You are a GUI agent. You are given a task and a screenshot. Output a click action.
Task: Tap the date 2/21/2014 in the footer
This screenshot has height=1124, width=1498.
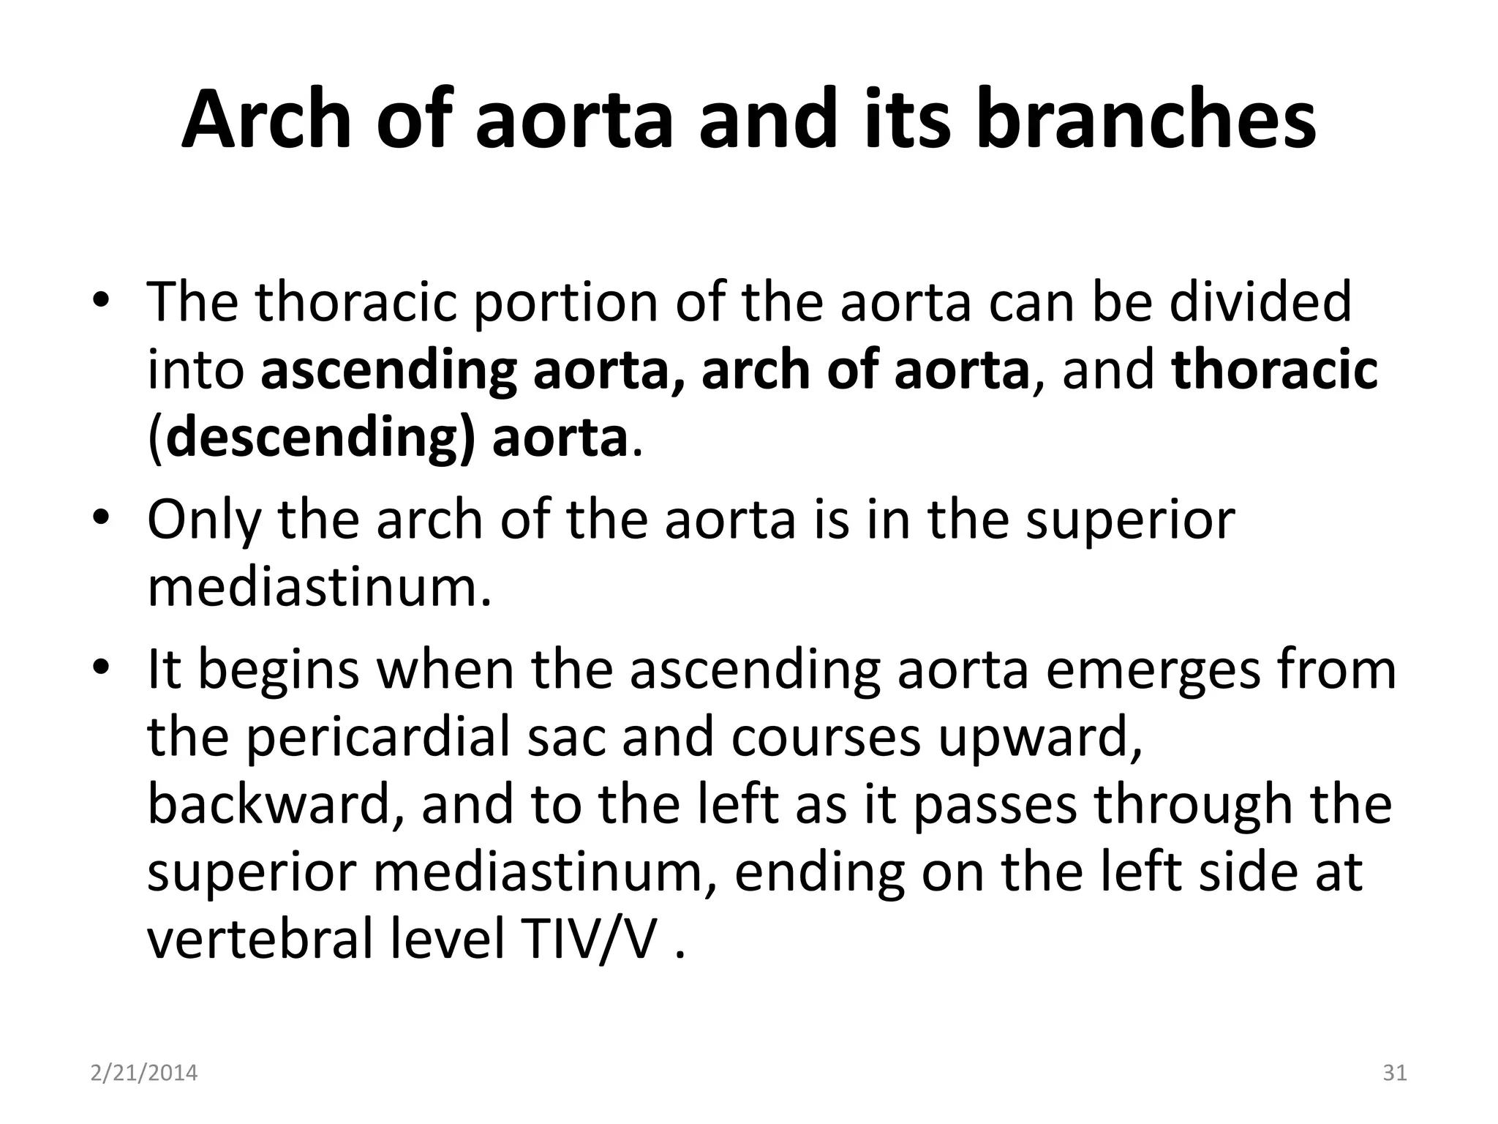tap(144, 1074)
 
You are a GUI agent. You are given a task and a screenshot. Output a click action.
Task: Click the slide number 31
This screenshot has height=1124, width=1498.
tap(1395, 1074)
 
